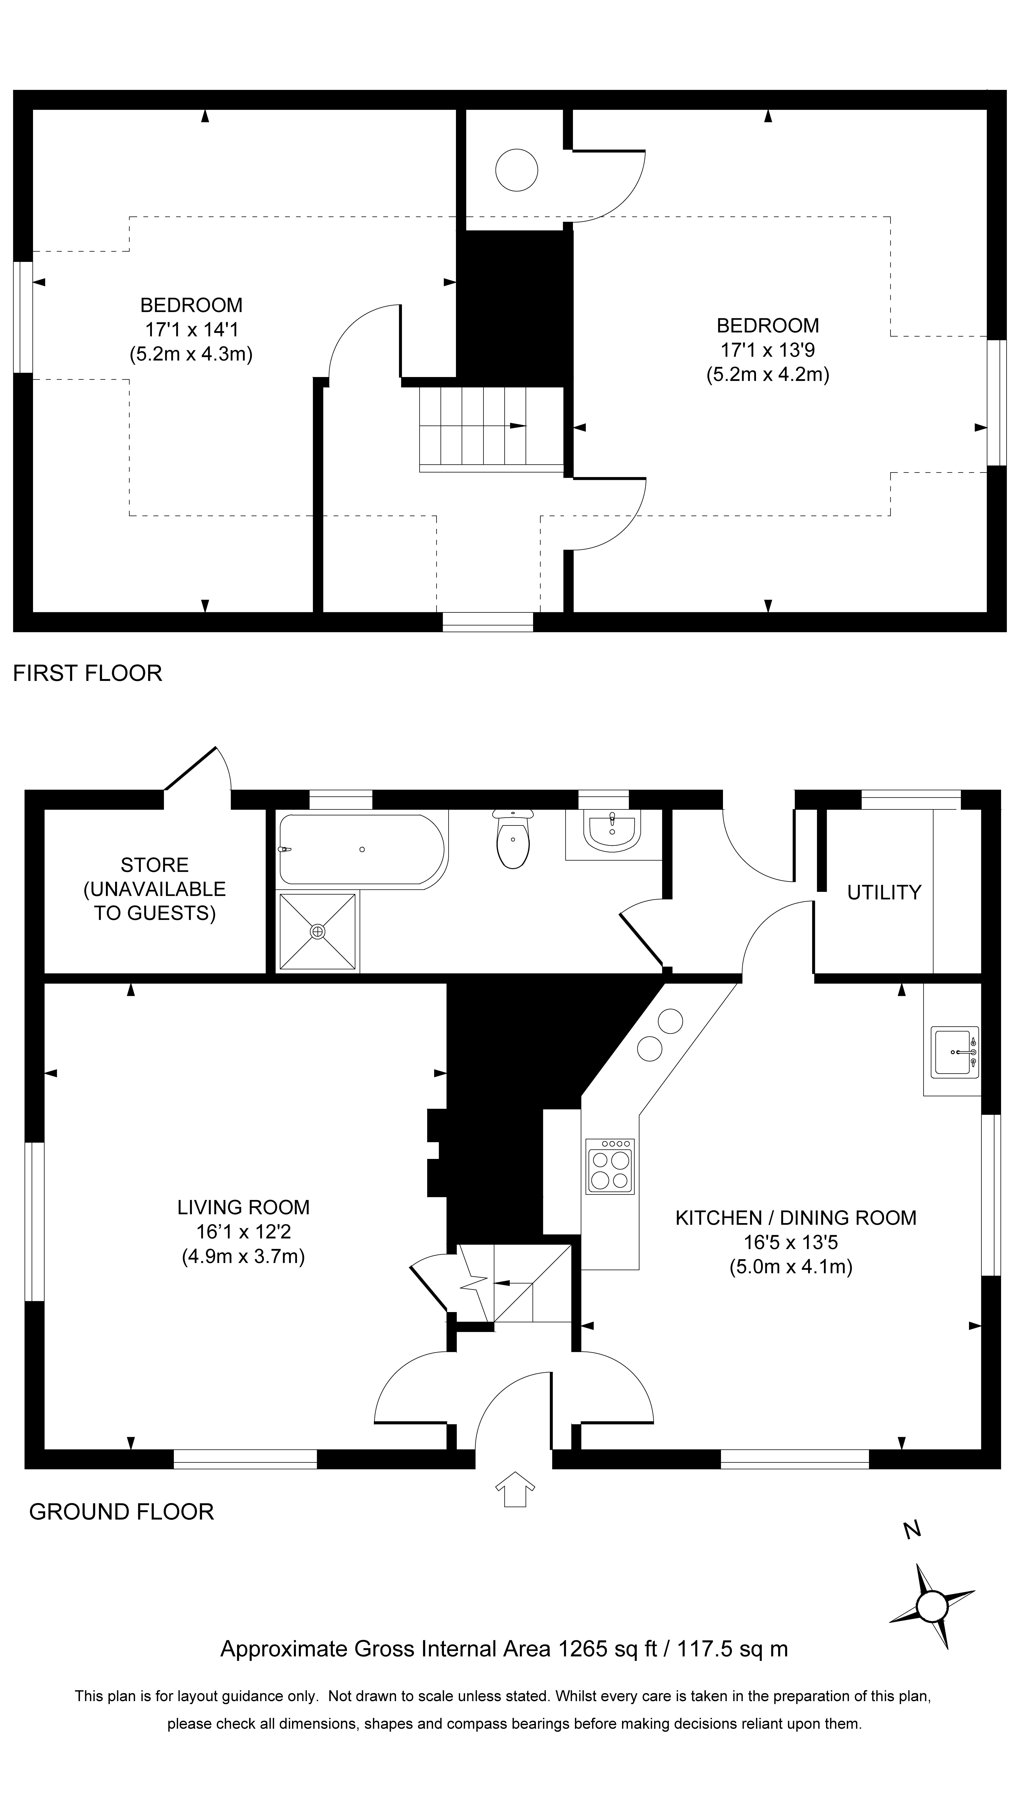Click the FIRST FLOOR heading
[88, 673]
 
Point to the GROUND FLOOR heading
[121, 1512]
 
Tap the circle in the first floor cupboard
[517, 170]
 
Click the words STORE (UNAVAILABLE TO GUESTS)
[155, 889]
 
